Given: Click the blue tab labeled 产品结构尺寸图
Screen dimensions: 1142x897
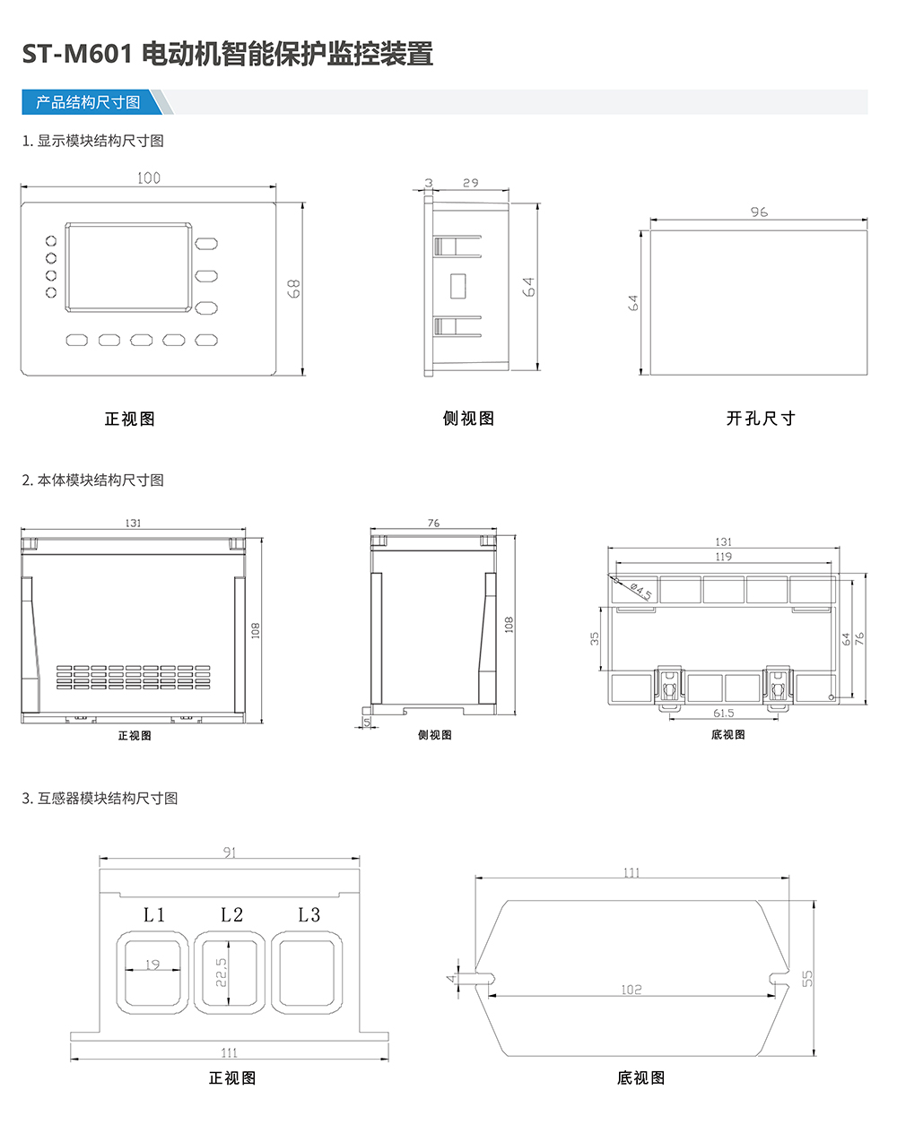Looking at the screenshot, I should click(x=88, y=102).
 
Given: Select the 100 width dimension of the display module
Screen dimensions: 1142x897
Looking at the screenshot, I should click(x=149, y=177).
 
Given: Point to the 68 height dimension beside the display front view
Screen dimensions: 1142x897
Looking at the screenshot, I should click(x=293, y=288).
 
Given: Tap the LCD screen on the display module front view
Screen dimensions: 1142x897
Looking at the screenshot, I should click(x=129, y=267).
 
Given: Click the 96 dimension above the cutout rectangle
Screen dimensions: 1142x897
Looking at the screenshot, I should click(x=759, y=212).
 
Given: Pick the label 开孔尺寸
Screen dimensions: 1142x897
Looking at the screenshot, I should click(x=761, y=419).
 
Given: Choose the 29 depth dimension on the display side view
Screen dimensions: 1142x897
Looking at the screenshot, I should click(x=470, y=183).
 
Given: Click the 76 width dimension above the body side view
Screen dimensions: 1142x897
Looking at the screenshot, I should click(x=434, y=523).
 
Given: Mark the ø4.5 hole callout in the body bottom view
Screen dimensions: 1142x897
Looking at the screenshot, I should click(x=641, y=590).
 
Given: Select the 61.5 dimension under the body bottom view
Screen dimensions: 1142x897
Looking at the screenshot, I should click(x=723, y=713).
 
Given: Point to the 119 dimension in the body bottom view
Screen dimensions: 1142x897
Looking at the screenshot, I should click(x=723, y=557).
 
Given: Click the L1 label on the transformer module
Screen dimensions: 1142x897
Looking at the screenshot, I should click(x=154, y=914).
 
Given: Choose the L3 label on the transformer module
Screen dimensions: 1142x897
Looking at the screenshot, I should click(x=309, y=914).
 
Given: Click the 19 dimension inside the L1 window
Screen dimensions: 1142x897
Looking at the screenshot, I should click(x=152, y=965).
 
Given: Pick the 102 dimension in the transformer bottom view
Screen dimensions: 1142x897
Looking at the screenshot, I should click(x=631, y=990).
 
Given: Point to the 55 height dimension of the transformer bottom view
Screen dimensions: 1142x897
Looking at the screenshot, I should click(x=807, y=978).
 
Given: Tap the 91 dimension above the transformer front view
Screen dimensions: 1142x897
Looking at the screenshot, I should click(x=230, y=852).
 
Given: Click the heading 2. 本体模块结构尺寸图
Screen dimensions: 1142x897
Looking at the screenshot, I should click(x=93, y=480).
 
